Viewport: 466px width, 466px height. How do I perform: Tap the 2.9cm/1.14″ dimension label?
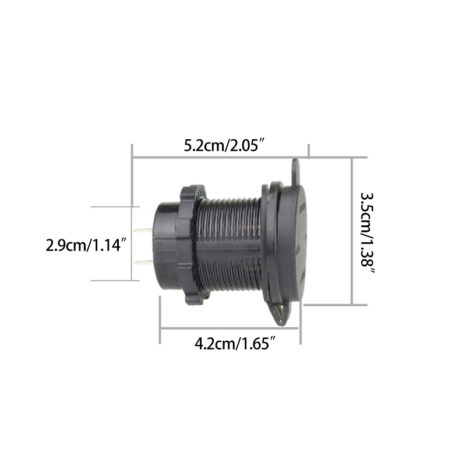[x=86, y=245]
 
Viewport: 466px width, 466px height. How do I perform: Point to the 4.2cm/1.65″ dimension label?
[x=235, y=344]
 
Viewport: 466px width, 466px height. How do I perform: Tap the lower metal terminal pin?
[x=143, y=263]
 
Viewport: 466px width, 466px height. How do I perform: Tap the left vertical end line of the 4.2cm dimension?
[x=160, y=320]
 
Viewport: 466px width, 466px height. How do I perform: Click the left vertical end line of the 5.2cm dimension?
[x=133, y=175]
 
